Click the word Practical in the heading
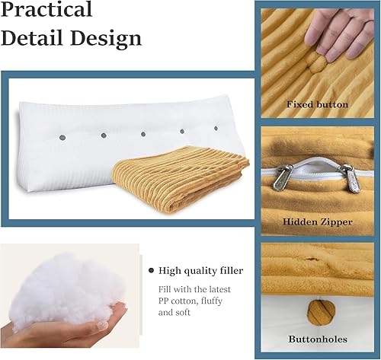coord(47,11)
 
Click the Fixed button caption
coord(316,104)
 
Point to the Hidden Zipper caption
coord(318,221)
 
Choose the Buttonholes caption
coord(317,338)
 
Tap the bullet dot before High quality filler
coord(151,270)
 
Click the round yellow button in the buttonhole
coord(317,308)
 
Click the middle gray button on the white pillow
coord(141,134)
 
